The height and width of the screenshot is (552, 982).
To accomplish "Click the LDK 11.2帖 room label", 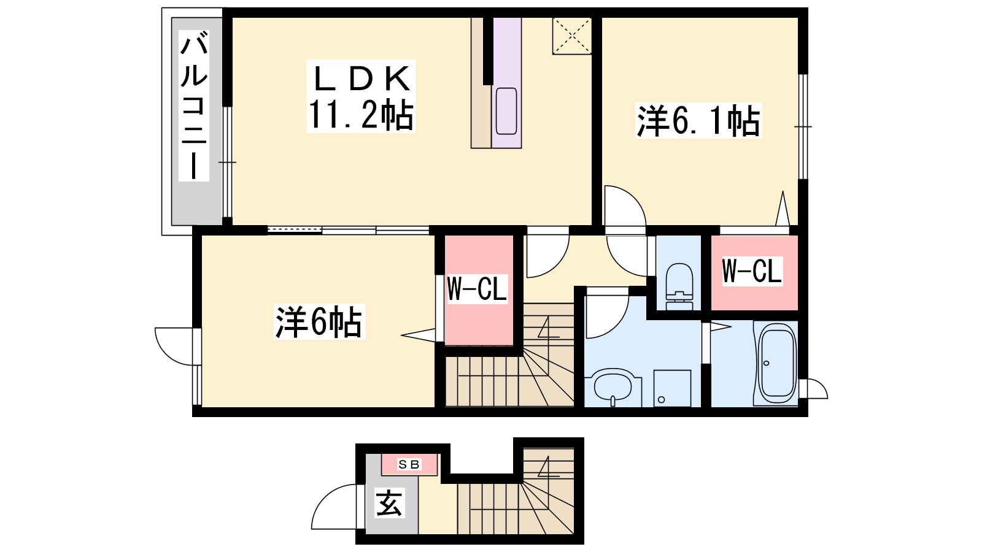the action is tap(361, 96).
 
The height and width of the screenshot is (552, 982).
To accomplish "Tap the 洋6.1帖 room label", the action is tap(698, 120).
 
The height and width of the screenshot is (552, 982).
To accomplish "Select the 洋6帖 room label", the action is tap(319, 322).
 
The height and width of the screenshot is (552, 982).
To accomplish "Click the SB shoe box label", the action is tap(409, 464).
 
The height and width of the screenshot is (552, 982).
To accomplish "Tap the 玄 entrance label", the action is tap(389, 503).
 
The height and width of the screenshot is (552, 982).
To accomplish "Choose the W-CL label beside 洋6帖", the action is tap(477, 288).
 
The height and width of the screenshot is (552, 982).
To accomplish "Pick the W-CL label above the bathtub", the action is tap(752, 271).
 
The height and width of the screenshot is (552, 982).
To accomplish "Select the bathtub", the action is tap(777, 363).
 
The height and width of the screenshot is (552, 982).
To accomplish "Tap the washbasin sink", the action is tap(613, 388).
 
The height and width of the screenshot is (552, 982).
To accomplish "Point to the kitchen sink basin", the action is tap(506, 111).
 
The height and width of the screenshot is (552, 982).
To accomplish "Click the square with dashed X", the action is tap(572, 36).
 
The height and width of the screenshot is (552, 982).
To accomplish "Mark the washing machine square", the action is tap(673, 388).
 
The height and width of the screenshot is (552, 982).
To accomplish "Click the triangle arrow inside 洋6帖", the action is tap(419, 335).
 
